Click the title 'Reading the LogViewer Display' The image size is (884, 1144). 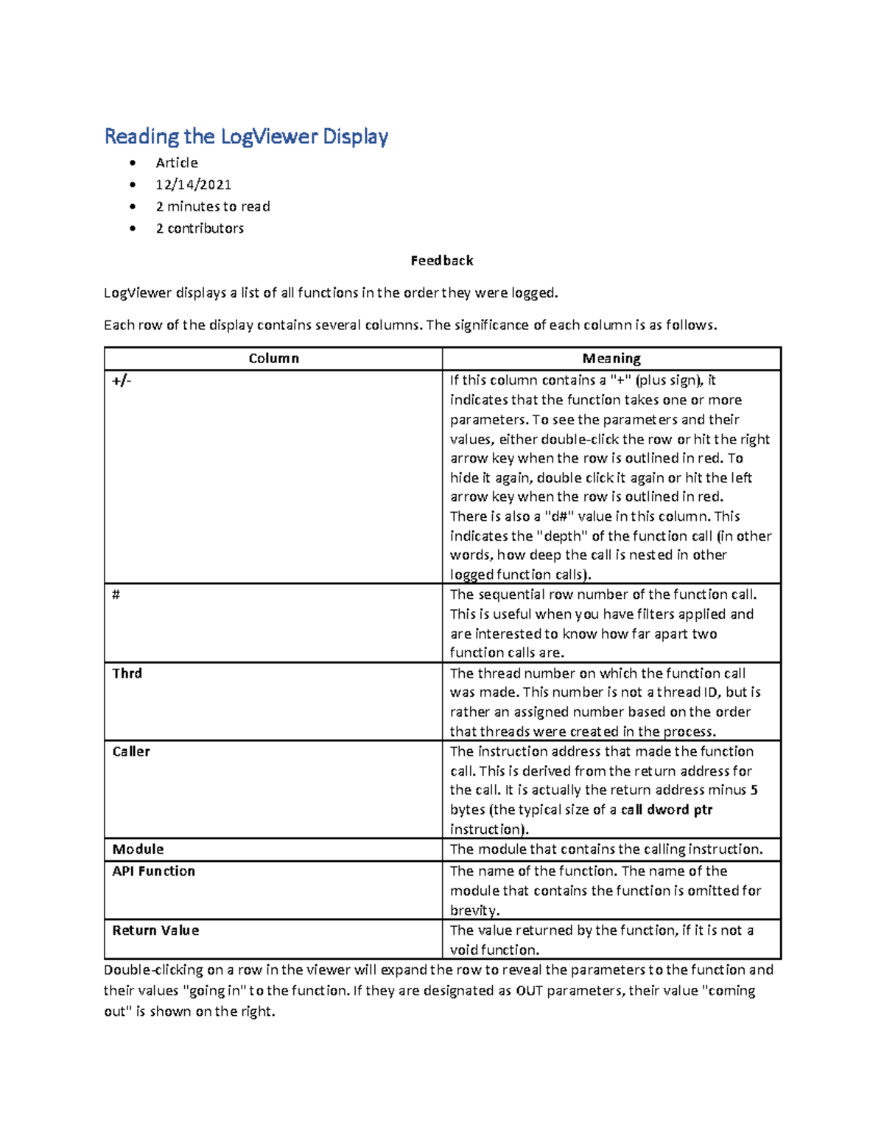click(x=246, y=136)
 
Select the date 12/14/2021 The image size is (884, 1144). click(x=193, y=184)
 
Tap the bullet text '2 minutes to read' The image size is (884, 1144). click(x=212, y=206)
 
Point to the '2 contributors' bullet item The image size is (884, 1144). click(x=199, y=228)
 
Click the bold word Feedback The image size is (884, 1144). click(x=442, y=261)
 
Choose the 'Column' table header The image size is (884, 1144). click(x=273, y=359)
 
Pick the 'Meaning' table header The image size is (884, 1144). click(x=611, y=359)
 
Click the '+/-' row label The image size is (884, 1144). click(x=122, y=381)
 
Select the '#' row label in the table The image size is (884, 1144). click(x=116, y=594)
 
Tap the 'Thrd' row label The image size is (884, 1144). click(x=127, y=673)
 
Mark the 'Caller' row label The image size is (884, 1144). click(x=131, y=751)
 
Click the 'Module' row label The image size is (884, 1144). click(x=138, y=849)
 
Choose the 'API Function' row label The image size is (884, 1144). click(x=153, y=871)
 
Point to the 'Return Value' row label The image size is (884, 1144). click(x=155, y=930)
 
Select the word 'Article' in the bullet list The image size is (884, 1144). click(x=177, y=163)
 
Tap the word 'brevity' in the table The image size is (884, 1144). click(x=474, y=910)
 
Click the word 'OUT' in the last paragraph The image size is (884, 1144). click(x=530, y=991)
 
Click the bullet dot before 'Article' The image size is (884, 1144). click(x=133, y=163)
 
